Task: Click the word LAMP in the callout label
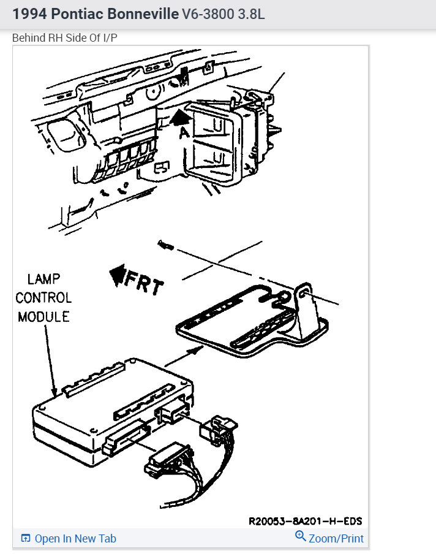pos(43,279)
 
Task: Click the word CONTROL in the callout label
pos(43,298)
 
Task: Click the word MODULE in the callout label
pos(43,316)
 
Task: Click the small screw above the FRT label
pos(165,245)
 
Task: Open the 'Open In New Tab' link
pos(75,538)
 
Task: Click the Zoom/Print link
pos(336,538)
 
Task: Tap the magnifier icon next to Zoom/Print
pos(300,537)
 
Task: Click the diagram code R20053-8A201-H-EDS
pos(305,521)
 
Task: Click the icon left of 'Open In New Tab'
pos(26,538)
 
